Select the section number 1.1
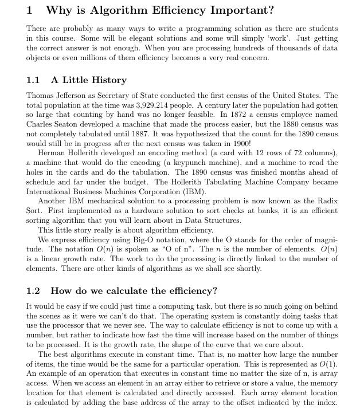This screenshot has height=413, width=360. coord(33,80)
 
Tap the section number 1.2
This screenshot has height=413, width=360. coord(33,291)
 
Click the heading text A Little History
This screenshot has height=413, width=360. coord(89,80)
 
